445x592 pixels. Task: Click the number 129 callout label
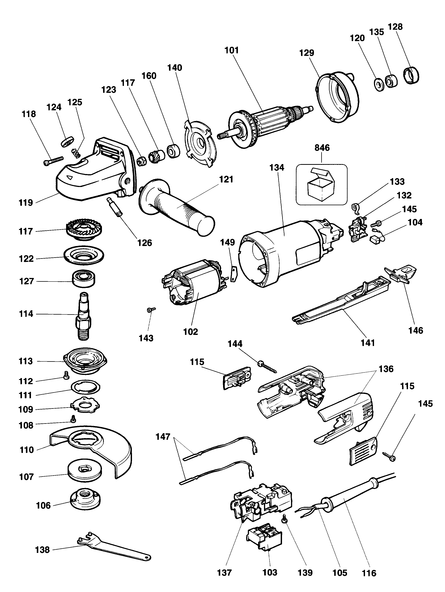tap(306, 53)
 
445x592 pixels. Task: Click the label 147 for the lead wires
tap(163, 437)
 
